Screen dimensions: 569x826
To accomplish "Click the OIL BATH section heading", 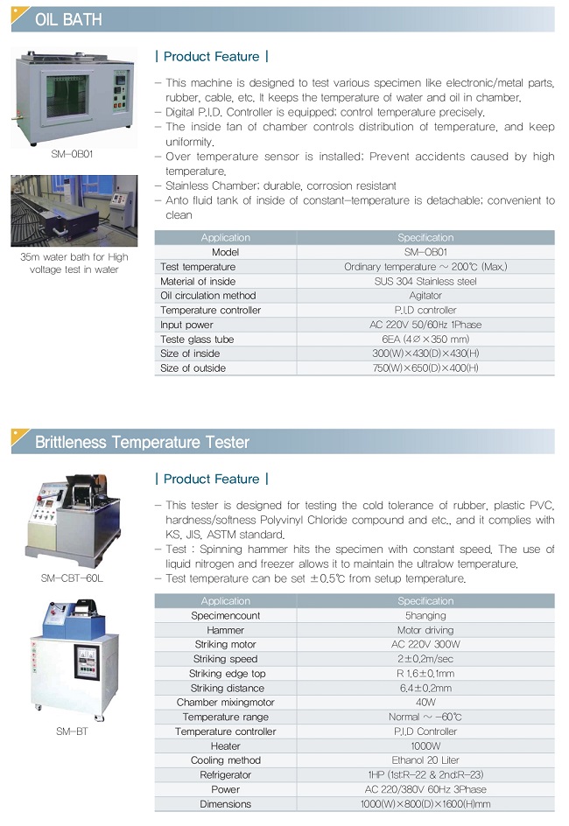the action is pos(68,20).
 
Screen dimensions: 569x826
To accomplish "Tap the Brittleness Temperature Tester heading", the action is pos(142,442).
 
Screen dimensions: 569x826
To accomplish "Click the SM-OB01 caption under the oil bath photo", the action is pos(72,154).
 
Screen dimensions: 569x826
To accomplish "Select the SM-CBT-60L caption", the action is pos(72,577).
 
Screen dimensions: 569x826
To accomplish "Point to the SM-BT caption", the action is pos(72,731).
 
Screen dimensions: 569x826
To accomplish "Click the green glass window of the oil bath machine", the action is pos(66,95).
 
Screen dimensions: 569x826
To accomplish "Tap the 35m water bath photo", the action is pos(74,211).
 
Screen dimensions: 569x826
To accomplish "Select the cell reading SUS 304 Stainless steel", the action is pos(425,281).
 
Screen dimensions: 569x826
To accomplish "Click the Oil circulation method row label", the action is pos(208,296).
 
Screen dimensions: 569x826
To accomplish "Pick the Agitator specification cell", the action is pos(425,296).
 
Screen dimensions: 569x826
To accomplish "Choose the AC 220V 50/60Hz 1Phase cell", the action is pos(425,325).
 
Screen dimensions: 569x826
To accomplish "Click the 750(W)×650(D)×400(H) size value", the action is pos(425,367).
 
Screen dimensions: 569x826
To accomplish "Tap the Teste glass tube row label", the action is pos(197,339).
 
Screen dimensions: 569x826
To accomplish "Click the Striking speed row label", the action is pos(226,659).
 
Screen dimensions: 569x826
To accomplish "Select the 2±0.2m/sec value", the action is pos(425,659).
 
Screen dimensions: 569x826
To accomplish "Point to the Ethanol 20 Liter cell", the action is pos(425,760).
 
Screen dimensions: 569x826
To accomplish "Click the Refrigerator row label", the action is pos(226,775).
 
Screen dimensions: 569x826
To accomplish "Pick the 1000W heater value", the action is pos(425,745).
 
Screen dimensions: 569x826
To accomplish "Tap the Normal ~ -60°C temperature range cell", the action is pos(425,717).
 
